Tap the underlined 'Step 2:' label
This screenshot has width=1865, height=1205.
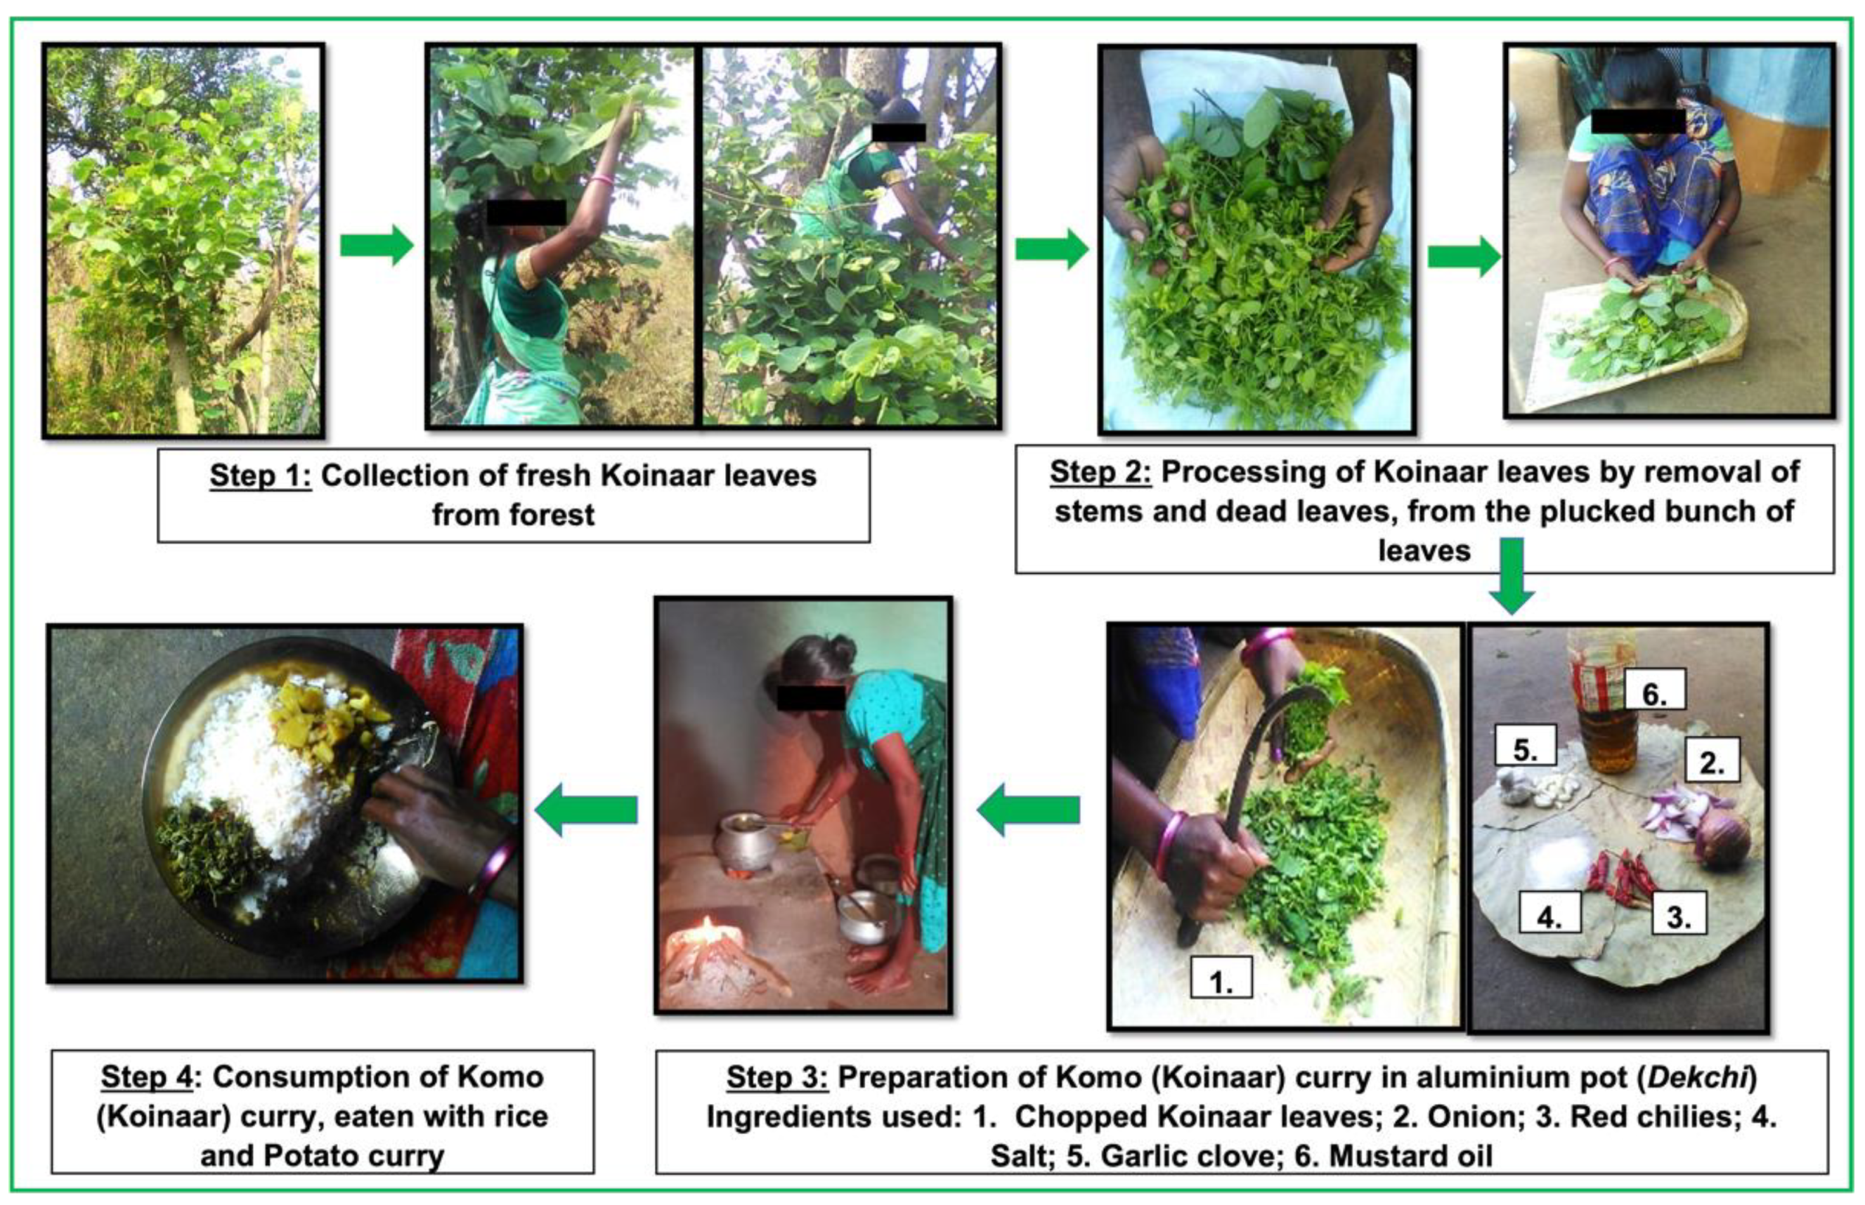click(1100, 473)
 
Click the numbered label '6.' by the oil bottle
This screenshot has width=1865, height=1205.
click(1653, 689)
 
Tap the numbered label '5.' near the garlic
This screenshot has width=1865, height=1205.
click(1525, 746)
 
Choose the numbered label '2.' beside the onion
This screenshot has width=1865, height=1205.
click(1712, 760)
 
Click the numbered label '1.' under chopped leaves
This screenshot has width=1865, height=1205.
click(1221, 978)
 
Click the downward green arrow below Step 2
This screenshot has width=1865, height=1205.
click(1511, 576)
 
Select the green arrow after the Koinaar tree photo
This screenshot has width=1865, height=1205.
click(377, 246)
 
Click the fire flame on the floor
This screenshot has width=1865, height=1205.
click(708, 932)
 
